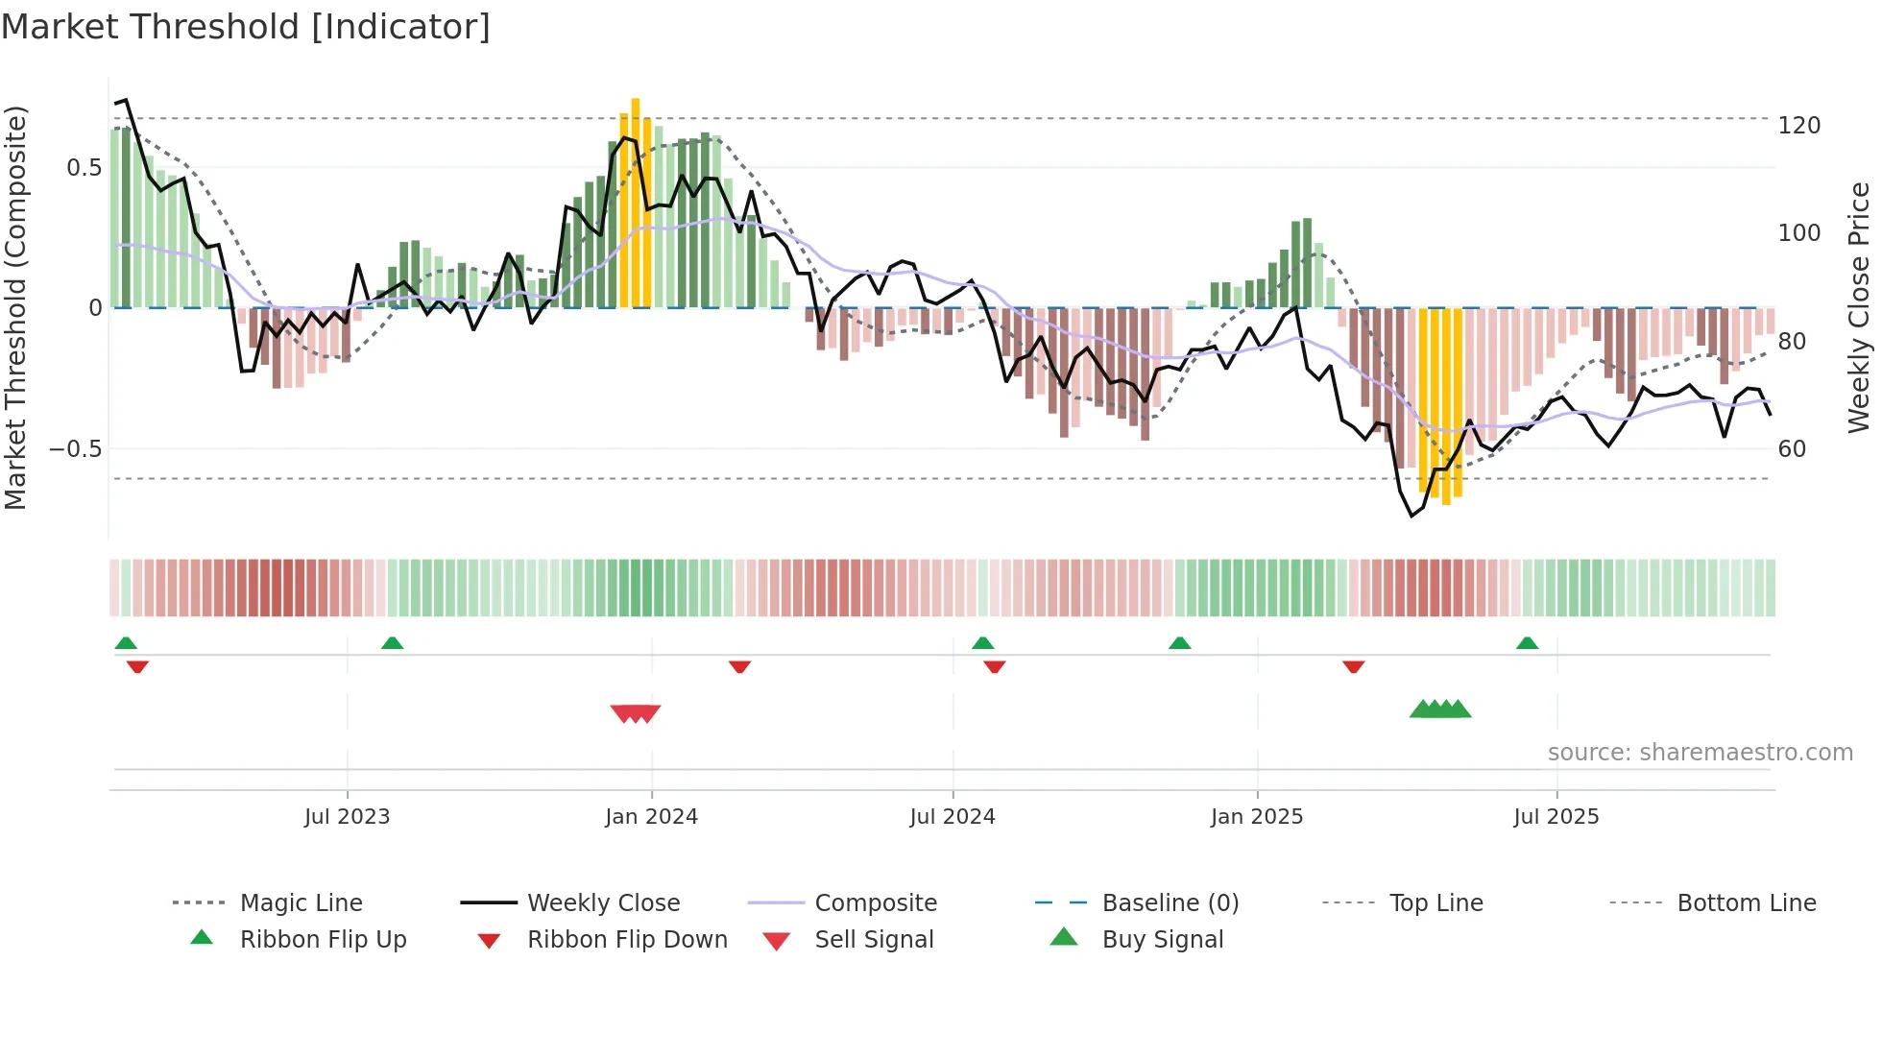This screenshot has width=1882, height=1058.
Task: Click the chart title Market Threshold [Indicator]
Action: [246, 27]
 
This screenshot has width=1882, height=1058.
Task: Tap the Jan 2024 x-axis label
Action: [651, 817]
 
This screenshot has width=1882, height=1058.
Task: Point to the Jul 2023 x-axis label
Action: [347, 817]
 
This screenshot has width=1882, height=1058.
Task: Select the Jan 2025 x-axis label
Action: [1256, 817]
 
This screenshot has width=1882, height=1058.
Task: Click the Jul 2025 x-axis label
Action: [1556, 817]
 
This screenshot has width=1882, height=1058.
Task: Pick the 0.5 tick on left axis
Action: [84, 168]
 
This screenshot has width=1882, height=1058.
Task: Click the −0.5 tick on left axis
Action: [76, 449]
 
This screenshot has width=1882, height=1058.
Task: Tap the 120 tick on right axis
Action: [1798, 126]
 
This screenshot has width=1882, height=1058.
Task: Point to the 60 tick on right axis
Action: [1792, 449]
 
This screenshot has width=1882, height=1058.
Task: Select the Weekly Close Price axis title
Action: [1859, 307]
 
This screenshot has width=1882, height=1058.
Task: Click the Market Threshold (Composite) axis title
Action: [15, 307]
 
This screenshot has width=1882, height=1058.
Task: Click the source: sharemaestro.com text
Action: [1700, 753]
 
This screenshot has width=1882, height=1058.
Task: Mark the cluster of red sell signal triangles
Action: [636, 713]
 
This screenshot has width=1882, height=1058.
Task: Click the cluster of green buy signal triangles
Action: [1440, 709]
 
